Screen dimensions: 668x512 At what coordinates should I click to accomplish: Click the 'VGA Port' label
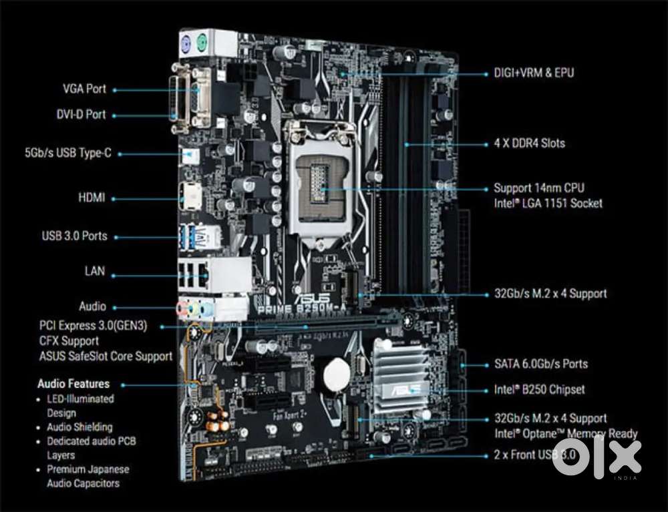(x=84, y=89)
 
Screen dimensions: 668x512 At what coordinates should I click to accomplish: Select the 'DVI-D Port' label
(x=81, y=115)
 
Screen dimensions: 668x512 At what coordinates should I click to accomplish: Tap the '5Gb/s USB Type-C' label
(x=68, y=153)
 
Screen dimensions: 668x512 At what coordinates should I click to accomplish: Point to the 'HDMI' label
(x=92, y=198)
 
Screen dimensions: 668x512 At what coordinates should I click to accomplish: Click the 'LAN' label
(x=95, y=271)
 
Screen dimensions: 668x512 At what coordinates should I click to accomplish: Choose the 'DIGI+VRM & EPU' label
(x=534, y=73)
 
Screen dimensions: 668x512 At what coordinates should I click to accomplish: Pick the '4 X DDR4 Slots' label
(x=530, y=144)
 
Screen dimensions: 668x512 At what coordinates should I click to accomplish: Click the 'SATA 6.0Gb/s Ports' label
(x=541, y=364)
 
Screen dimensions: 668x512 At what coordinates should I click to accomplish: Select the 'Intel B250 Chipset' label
(x=539, y=389)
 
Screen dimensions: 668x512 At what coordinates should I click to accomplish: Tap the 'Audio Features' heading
(x=73, y=384)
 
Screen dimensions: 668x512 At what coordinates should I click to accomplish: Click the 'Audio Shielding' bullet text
(x=79, y=427)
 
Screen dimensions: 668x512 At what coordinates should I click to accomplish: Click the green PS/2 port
(x=202, y=43)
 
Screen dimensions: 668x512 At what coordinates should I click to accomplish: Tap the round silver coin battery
(x=337, y=374)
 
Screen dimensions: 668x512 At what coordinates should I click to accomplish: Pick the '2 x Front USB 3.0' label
(x=535, y=455)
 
